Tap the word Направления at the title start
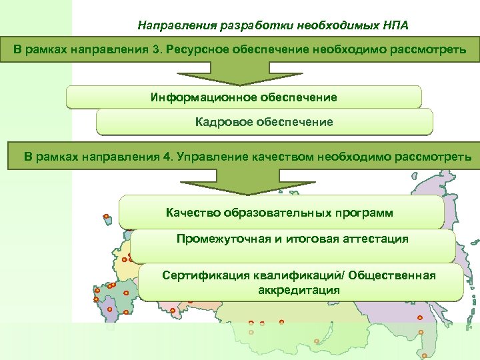pos(171,26)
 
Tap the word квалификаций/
pos(298,275)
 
